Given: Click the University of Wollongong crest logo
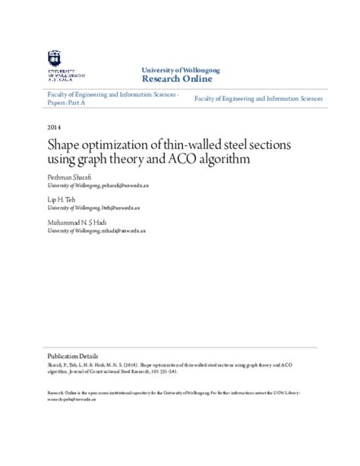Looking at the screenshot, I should [54, 58].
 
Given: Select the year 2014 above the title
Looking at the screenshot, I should [54, 127].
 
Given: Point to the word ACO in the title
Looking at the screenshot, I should [188, 159].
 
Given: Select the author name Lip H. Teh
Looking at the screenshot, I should [62, 198].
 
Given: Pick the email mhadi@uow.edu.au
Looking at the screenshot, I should [127, 230].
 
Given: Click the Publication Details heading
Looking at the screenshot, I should [72, 355].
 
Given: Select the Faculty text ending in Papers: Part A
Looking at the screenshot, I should [112, 99].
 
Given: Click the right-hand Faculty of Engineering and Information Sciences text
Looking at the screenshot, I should [259, 99].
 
